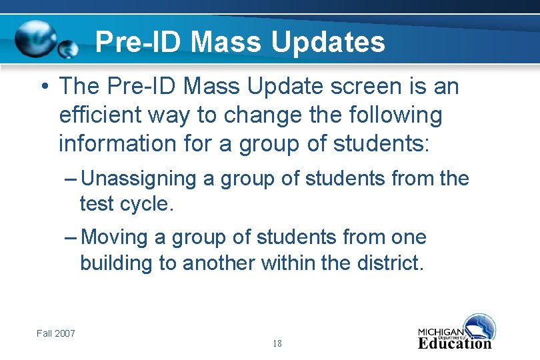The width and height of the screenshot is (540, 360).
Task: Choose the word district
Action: [x=390, y=263]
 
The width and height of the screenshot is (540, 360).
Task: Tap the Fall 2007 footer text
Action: [x=56, y=333]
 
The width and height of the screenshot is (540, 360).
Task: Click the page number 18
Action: [x=277, y=344]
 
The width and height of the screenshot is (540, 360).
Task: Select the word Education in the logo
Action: [x=454, y=343]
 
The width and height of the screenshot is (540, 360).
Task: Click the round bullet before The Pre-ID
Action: [x=43, y=87]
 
